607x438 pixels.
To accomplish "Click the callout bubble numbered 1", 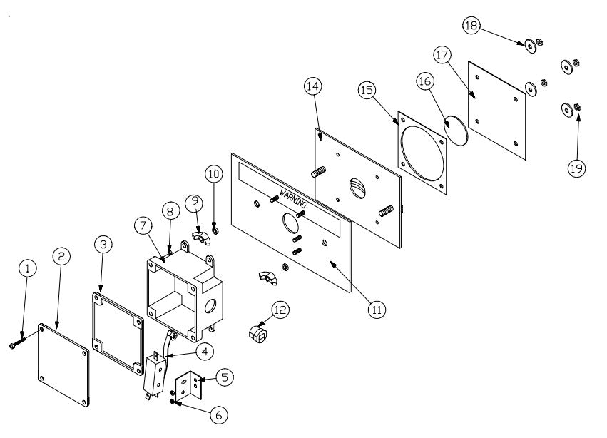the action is pyautogui.click(x=27, y=268).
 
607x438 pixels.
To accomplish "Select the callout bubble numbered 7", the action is pyautogui.click(x=143, y=225).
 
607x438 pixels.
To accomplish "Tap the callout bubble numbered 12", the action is pyautogui.click(x=280, y=310).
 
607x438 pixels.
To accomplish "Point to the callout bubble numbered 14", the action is pyautogui.click(x=313, y=86).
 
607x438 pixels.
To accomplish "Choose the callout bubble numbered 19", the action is pyautogui.click(x=576, y=168).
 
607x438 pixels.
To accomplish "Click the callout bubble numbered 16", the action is pyautogui.click(x=424, y=81).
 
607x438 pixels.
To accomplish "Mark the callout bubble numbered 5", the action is pyautogui.click(x=225, y=377).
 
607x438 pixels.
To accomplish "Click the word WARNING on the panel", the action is pyautogui.click(x=292, y=198).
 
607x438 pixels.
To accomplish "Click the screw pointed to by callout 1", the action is pyautogui.click(x=17, y=342).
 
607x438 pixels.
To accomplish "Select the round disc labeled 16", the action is pyautogui.click(x=456, y=130).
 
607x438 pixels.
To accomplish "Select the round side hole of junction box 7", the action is pyautogui.click(x=210, y=305).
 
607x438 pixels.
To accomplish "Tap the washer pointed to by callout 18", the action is pyautogui.click(x=531, y=46).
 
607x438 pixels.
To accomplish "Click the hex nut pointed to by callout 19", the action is pyautogui.click(x=577, y=107).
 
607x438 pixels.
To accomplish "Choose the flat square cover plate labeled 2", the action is pyautogui.click(x=63, y=365).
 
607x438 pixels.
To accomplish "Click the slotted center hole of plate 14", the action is pyautogui.click(x=357, y=188).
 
